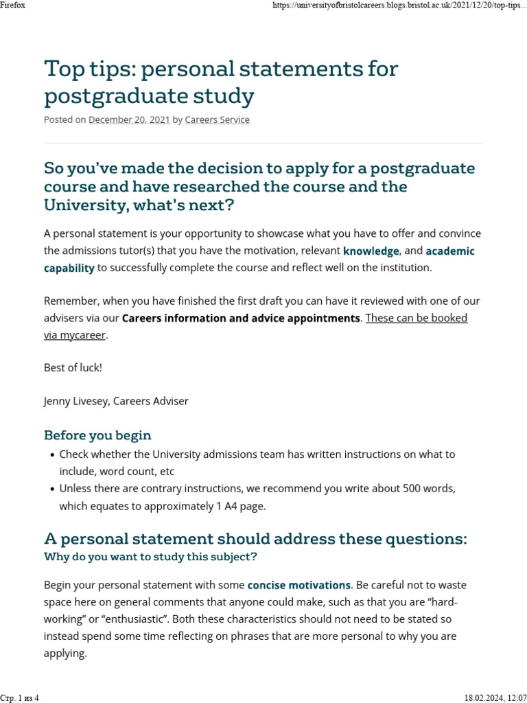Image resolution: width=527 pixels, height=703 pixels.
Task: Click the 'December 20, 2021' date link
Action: [x=129, y=119]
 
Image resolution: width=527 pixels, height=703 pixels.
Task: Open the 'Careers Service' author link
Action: [x=218, y=119]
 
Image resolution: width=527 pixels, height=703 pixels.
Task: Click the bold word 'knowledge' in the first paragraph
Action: [x=371, y=251]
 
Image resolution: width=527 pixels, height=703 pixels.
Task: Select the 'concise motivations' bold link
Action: [x=299, y=586]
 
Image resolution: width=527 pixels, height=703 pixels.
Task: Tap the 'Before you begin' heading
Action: [x=97, y=435]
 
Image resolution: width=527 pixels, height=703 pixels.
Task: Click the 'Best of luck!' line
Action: [x=73, y=367]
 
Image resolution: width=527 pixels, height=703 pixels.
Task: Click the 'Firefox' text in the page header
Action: [x=13, y=5]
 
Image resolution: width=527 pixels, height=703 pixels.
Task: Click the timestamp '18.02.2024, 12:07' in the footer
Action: [x=495, y=698]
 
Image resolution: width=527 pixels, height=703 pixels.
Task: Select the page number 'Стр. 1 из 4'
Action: [x=21, y=698]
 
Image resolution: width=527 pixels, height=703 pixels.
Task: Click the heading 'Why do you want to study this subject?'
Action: [x=150, y=557]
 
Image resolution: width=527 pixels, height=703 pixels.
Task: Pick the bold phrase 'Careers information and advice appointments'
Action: [x=241, y=319]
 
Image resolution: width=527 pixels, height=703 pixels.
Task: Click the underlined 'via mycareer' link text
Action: [x=75, y=335]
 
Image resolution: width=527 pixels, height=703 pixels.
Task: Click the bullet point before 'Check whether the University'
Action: [x=52, y=455]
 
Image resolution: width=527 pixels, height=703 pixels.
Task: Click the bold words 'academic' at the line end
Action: [x=449, y=251]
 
